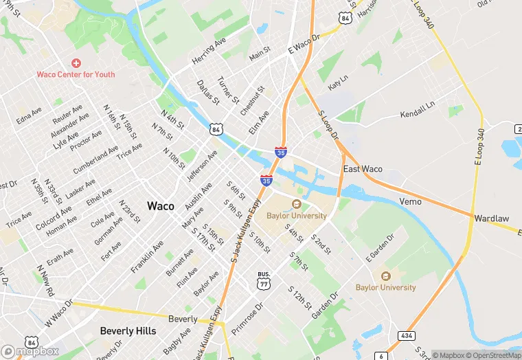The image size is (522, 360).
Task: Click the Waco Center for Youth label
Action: (76, 74)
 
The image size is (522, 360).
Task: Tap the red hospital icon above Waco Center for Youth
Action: (76, 63)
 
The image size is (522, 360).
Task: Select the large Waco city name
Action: (160, 206)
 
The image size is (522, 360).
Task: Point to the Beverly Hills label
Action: (128, 330)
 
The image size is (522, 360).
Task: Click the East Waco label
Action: (363, 169)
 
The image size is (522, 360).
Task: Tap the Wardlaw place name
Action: (492, 218)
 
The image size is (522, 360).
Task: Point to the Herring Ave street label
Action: (209, 51)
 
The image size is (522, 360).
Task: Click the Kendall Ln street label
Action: (418, 110)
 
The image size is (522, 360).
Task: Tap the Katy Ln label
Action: (338, 83)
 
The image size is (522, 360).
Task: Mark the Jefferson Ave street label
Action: (201, 166)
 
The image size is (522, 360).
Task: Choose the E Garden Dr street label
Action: (380, 248)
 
